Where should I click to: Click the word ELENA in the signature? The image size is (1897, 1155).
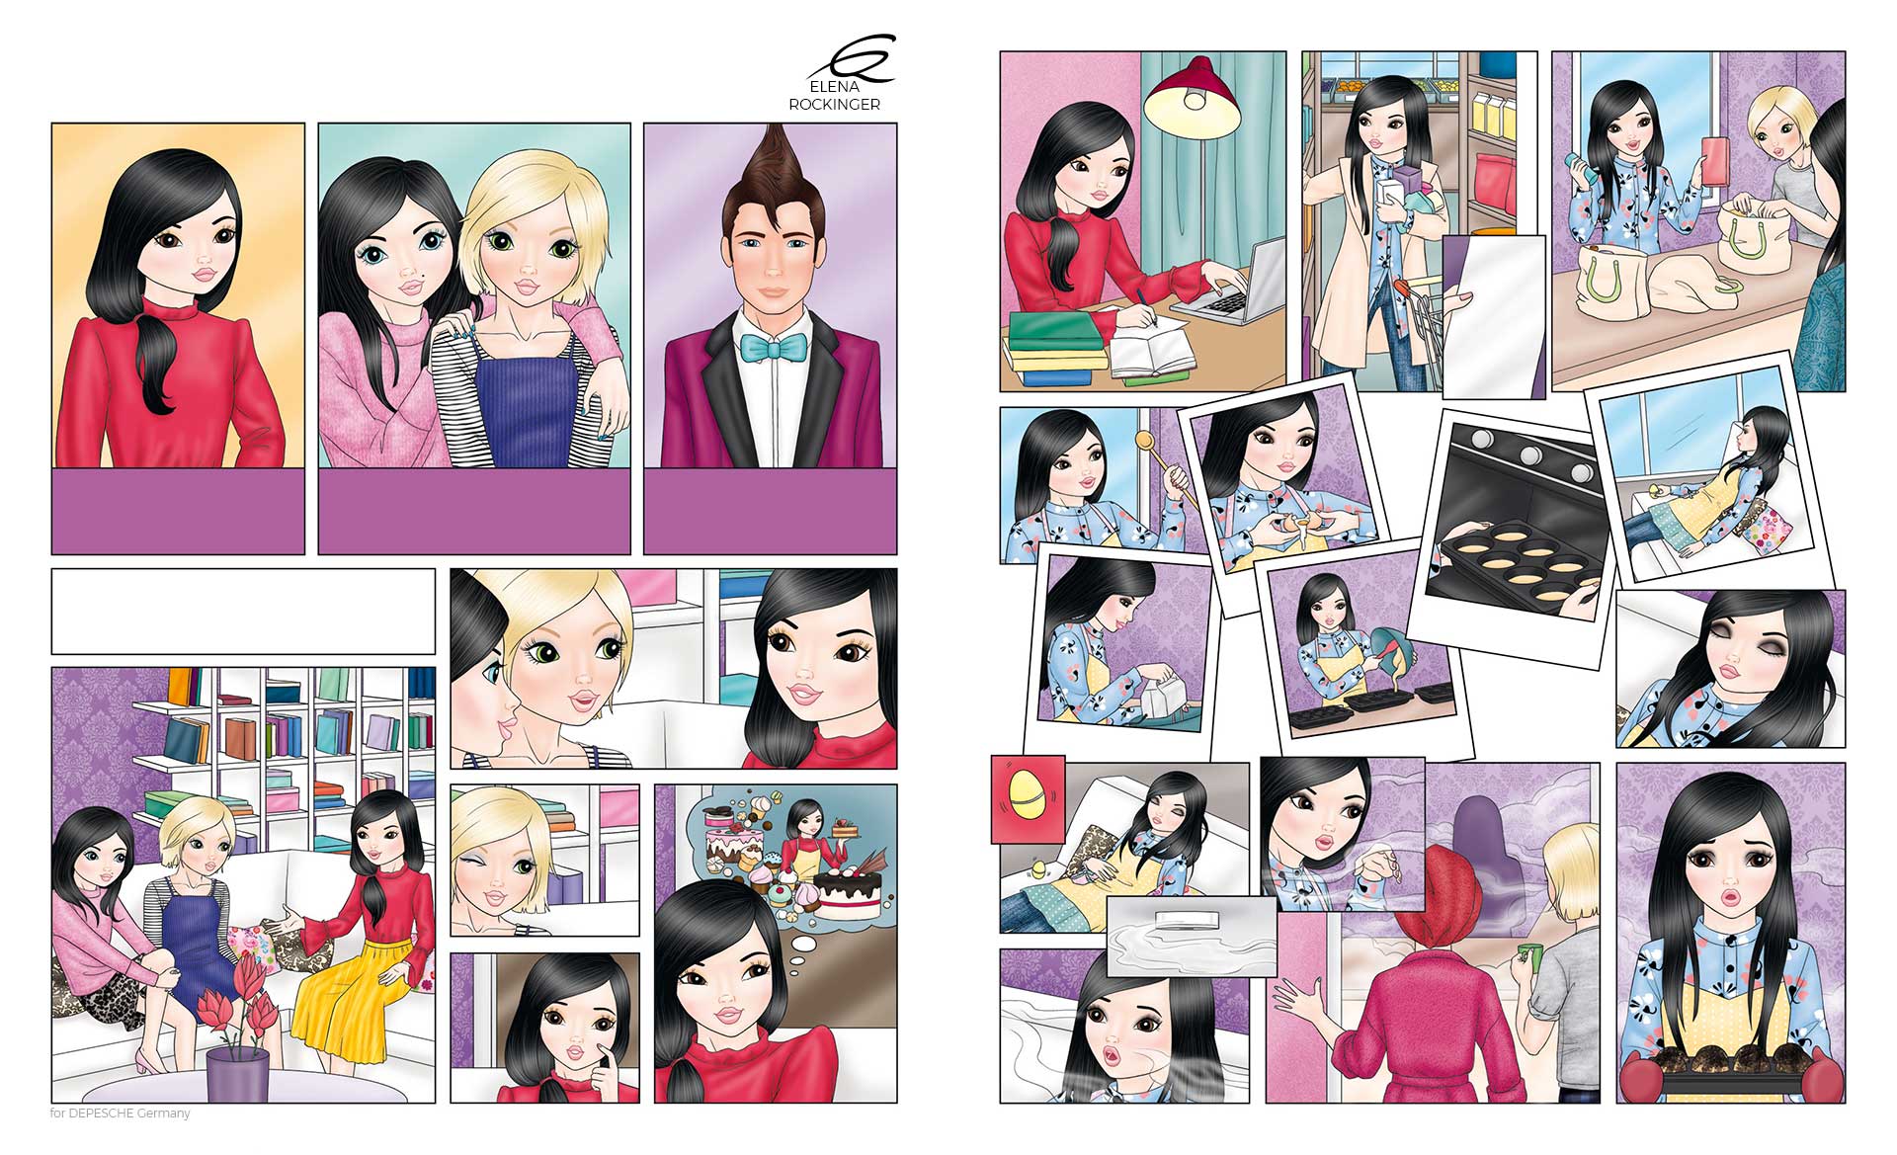coord(834,87)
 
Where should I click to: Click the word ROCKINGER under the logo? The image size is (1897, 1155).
coord(834,105)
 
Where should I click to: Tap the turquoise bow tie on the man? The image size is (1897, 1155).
coord(771,348)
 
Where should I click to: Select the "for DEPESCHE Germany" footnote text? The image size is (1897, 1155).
coord(120,1114)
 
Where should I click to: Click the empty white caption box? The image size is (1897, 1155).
coord(243,611)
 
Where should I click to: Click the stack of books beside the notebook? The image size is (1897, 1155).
coord(1051,353)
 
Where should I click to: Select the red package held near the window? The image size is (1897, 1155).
coord(1717,159)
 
